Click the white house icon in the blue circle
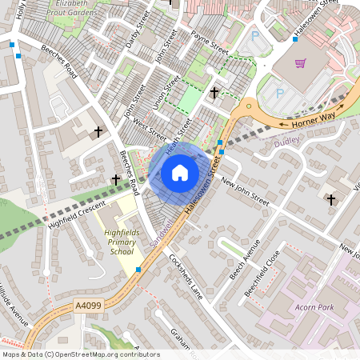[179, 172]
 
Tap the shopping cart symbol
[301, 63]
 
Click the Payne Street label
[210, 42]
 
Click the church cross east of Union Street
[214, 94]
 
